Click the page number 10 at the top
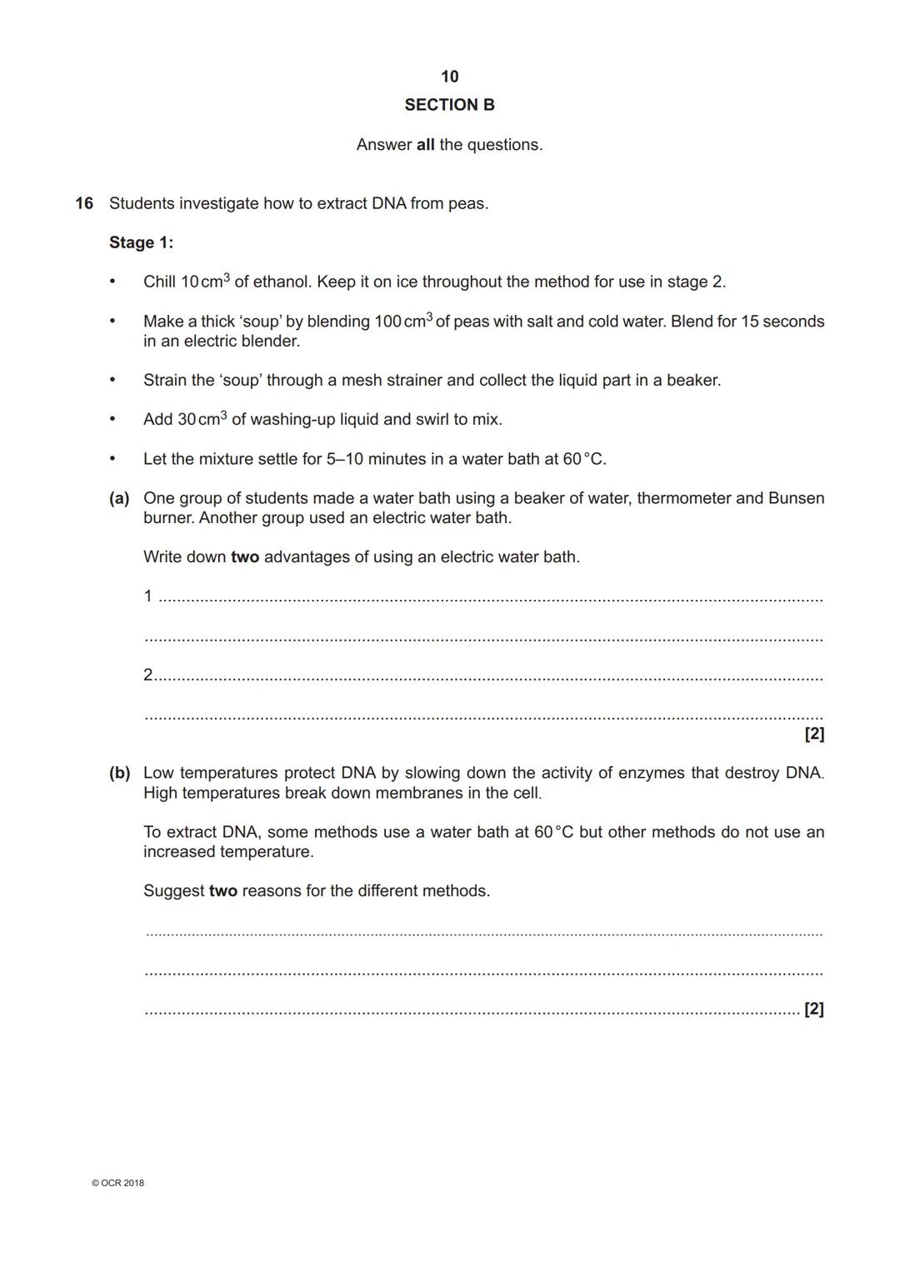(x=449, y=77)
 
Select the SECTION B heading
(x=449, y=105)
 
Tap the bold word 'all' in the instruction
(x=425, y=145)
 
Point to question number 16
(x=84, y=203)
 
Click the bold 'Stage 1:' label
(x=141, y=242)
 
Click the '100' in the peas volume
(x=387, y=322)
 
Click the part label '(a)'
(x=119, y=498)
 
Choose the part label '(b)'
(x=119, y=773)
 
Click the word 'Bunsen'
(x=796, y=498)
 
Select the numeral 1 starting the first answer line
(x=148, y=596)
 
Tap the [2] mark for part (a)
(x=814, y=734)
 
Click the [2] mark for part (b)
(x=814, y=1010)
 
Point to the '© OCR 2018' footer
(x=117, y=1183)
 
